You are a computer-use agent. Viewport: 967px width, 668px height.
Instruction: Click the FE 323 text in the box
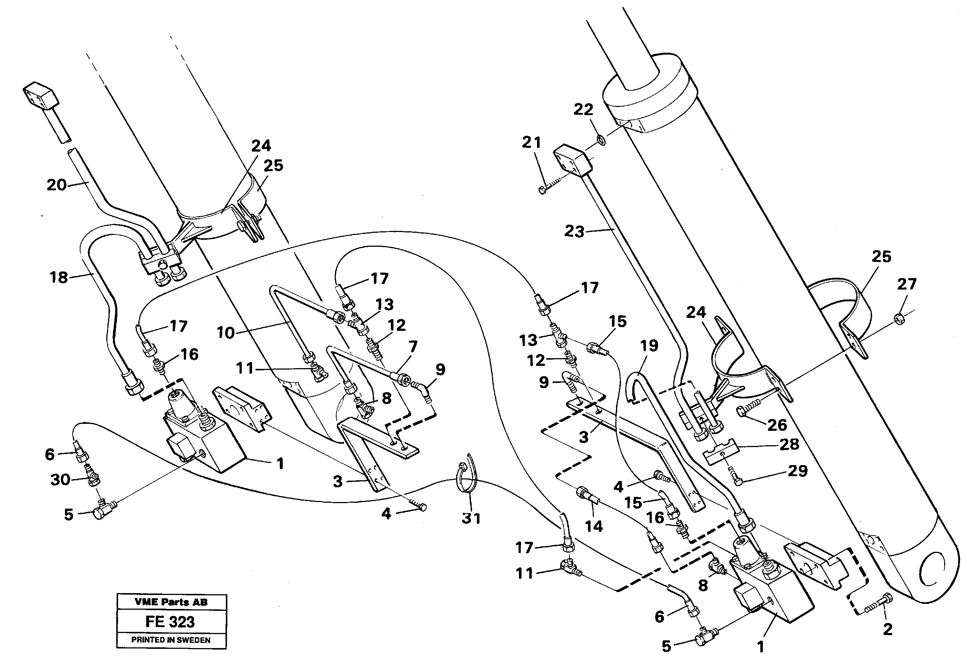pyautogui.click(x=170, y=622)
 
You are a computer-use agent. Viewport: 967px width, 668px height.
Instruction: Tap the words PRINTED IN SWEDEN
pyautogui.click(x=171, y=640)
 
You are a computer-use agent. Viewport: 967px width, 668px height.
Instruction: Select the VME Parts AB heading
pyautogui.click(x=171, y=602)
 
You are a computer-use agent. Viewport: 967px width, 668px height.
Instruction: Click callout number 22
pyautogui.click(x=583, y=110)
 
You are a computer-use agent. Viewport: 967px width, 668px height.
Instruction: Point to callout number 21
pyautogui.click(x=531, y=143)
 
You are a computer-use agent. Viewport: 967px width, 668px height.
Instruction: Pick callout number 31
pyautogui.click(x=471, y=518)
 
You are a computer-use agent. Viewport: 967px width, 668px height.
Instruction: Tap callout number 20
pyautogui.click(x=56, y=185)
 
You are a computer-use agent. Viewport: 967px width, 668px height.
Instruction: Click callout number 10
pyautogui.click(x=225, y=333)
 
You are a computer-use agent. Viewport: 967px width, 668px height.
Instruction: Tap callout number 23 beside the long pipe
pyautogui.click(x=574, y=231)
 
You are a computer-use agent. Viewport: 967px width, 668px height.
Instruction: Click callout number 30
pyautogui.click(x=60, y=480)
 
